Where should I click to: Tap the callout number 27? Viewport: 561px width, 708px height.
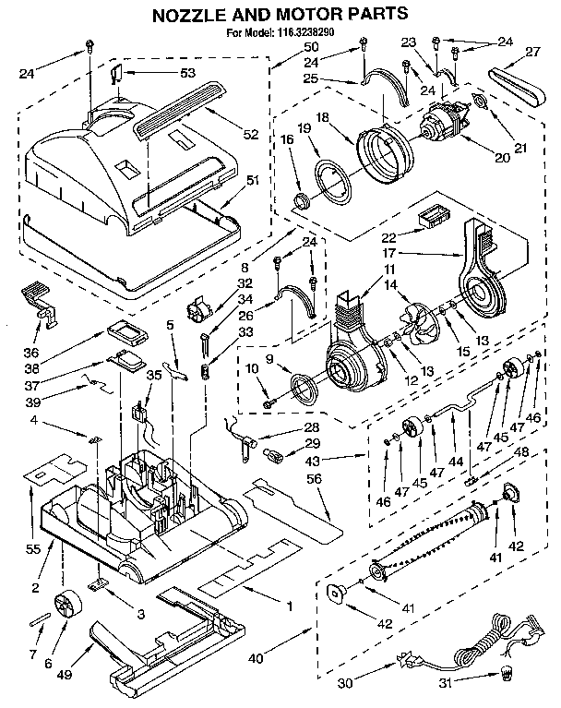click(x=533, y=53)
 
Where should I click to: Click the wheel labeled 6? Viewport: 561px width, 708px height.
click(x=66, y=607)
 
